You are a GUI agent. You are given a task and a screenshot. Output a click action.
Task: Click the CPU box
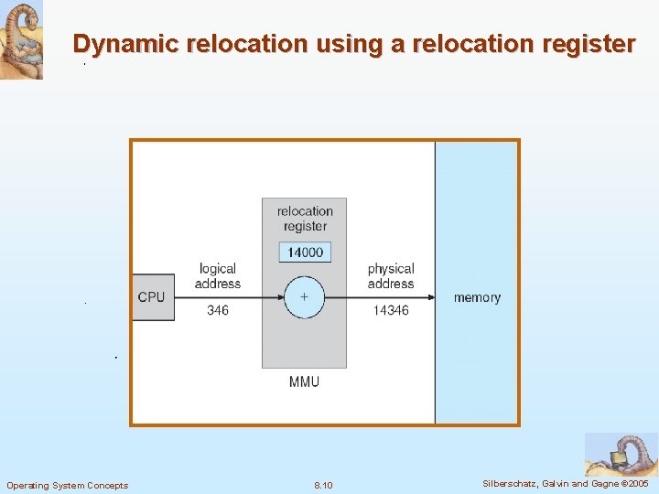(153, 297)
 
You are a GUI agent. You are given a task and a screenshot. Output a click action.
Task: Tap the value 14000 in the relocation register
(305, 252)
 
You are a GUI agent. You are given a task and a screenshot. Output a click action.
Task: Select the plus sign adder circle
(304, 297)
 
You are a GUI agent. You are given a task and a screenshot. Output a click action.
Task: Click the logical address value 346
(218, 311)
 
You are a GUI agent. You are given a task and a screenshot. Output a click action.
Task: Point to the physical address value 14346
(391, 311)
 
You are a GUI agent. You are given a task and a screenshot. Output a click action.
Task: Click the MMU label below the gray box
(304, 381)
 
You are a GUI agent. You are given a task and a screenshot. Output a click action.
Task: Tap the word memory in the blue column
(477, 297)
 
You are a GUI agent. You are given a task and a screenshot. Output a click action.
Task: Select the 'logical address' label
(218, 276)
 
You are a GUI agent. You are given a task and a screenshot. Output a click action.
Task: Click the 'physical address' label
(391, 276)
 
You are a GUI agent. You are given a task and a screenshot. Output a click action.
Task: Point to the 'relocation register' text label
(305, 219)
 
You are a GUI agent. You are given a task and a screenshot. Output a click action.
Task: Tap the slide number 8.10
(323, 485)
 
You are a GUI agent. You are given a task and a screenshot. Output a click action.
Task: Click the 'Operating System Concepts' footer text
(68, 485)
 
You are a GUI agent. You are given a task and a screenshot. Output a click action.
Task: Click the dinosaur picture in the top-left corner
(21, 40)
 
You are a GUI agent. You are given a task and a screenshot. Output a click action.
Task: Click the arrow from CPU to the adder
(229, 297)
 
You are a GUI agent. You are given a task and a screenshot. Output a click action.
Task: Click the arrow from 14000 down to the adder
(305, 269)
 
